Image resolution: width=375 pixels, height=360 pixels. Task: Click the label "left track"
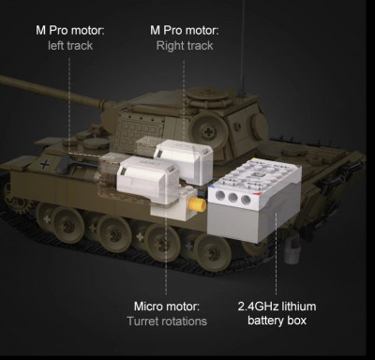(70, 46)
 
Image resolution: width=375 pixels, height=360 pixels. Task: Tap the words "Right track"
(185, 46)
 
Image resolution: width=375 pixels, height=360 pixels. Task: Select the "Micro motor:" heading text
(167, 306)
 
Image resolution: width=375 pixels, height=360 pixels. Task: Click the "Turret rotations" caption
(167, 321)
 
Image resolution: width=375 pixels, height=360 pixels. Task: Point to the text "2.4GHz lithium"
(277, 306)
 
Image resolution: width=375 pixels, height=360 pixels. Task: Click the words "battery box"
(277, 321)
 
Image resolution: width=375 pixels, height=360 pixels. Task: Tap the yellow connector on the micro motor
(198, 204)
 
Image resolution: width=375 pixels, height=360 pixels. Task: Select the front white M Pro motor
(147, 178)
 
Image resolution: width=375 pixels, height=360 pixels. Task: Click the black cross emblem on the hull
(45, 164)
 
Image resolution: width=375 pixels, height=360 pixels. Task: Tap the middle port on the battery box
(233, 197)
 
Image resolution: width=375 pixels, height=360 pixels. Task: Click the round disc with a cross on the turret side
(206, 128)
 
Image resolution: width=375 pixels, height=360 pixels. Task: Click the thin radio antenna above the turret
(242, 47)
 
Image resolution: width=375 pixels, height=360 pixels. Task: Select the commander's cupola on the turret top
(207, 94)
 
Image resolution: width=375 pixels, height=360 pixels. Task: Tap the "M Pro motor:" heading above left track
(70, 31)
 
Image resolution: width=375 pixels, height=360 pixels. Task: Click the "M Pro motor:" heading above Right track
(185, 31)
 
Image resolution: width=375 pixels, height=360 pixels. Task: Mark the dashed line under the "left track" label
(69, 105)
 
